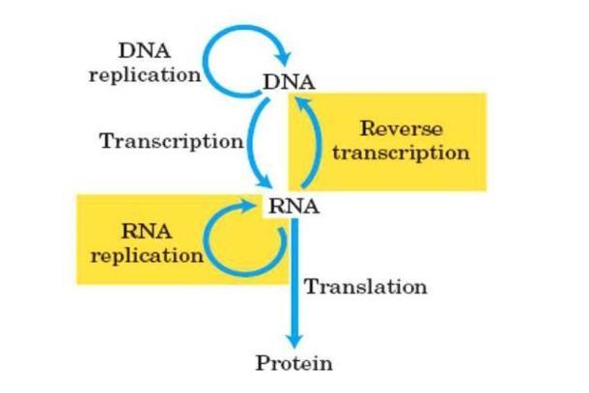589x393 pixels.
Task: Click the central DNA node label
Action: tap(289, 82)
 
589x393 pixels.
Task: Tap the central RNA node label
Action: tap(294, 207)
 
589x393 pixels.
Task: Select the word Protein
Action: tap(294, 363)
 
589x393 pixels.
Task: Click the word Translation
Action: tap(366, 287)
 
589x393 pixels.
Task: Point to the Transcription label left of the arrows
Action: tap(172, 142)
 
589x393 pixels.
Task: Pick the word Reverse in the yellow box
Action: tap(401, 128)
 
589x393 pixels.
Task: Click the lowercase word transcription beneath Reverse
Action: tap(401, 153)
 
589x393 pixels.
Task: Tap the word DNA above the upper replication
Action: tap(145, 51)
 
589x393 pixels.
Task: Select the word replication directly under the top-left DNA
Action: tap(145, 74)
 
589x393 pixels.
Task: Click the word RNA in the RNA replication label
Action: tap(147, 231)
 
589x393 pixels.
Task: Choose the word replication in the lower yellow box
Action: tap(147, 256)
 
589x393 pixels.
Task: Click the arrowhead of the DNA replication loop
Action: tap(283, 58)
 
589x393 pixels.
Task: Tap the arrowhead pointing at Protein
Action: tap(294, 339)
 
